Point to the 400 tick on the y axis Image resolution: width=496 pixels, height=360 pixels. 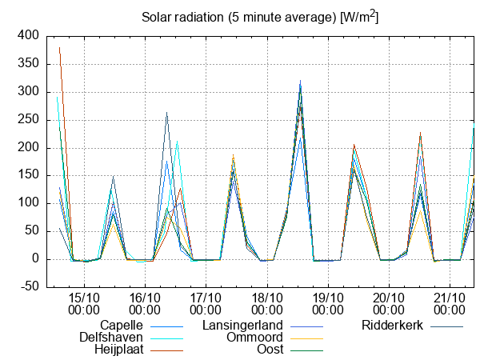[x=28, y=36]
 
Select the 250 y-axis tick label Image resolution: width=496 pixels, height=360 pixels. [x=28, y=120]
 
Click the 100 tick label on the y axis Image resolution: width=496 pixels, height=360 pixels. [x=28, y=203]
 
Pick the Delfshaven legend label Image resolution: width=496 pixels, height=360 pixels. [x=111, y=338]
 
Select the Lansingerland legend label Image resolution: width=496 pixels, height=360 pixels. [x=243, y=326]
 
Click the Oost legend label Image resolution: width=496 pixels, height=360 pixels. [x=270, y=350]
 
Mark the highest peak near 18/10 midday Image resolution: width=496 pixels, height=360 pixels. [x=300, y=82]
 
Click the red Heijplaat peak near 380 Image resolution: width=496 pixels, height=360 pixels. [x=59, y=47]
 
